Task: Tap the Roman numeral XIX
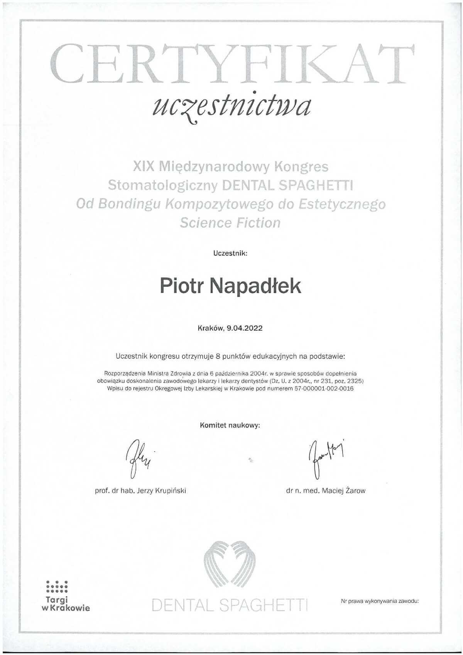(x=144, y=166)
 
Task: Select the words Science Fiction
(x=230, y=223)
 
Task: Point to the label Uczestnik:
(x=230, y=254)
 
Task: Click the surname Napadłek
(x=256, y=286)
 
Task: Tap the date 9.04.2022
(x=245, y=328)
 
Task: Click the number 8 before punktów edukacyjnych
(x=218, y=356)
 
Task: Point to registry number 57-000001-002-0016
(x=324, y=389)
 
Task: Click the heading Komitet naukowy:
(x=230, y=426)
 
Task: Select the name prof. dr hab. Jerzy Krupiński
(x=140, y=491)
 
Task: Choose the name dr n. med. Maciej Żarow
(x=326, y=491)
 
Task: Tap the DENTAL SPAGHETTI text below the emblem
(x=230, y=605)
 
